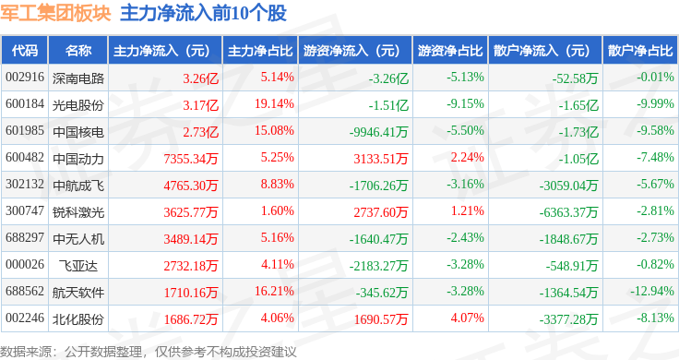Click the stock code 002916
click(x=25, y=78)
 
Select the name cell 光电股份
click(x=78, y=105)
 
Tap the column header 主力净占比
click(x=260, y=51)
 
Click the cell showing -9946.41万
click(x=379, y=132)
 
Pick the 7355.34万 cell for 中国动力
click(x=191, y=159)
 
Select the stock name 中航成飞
click(x=78, y=186)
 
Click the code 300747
click(x=25, y=211)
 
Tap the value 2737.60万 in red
click(x=381, y=211)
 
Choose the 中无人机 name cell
click(x=78, y=239)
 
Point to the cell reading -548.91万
click(x=572, y=266)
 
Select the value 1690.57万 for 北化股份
click(x=381, y=319)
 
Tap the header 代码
click(x=25, y=51)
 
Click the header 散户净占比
click(x=640, y=51)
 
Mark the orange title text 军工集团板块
click(x=55, y=14)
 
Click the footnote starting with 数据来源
click(x=149, y=352)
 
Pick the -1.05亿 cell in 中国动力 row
click(x=578, y=159)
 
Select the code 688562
click(x=25, y=291)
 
